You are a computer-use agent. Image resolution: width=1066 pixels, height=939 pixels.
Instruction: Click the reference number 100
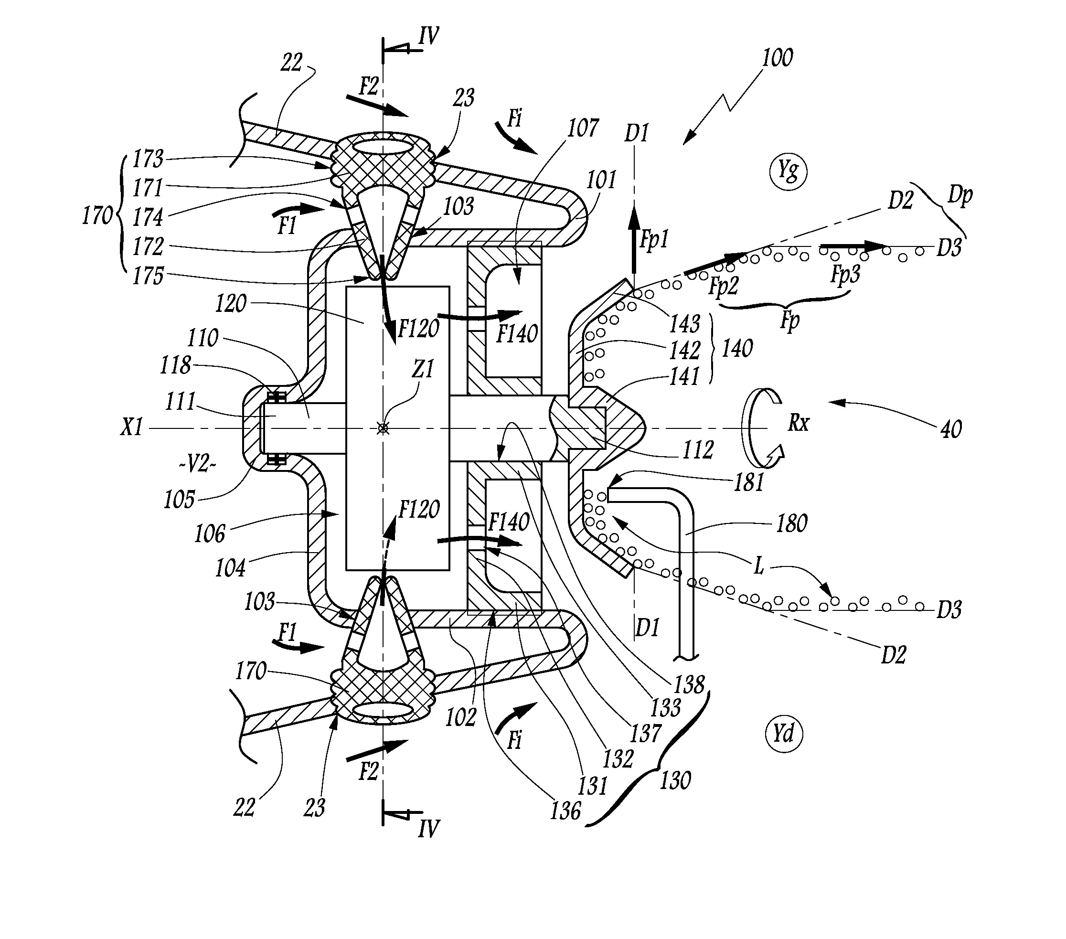[x=777, y=57]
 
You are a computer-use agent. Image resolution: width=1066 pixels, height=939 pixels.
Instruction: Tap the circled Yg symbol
[x=788, y=171]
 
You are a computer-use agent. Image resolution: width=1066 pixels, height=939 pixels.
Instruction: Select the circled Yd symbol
[x=783, y=734]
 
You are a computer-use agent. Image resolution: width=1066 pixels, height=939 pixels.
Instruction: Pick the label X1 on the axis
[x=131, y=428]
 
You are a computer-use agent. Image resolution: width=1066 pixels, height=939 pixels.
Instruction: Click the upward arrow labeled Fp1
[x=634, y=245]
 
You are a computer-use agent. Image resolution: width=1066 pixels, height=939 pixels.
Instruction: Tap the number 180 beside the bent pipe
[x=792, y=523]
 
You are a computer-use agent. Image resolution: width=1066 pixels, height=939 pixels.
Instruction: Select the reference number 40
[x=951, y=429]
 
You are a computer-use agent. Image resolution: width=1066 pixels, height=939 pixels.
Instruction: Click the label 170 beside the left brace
[x=97, y=215]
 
